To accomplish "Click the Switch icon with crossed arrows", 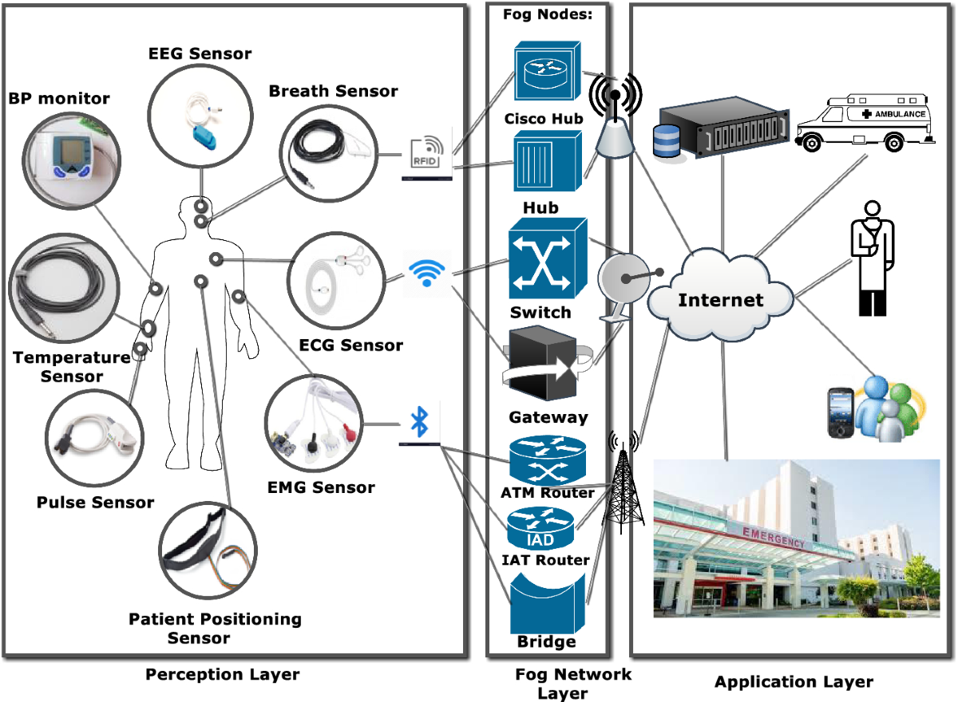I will click(x=547, y=258).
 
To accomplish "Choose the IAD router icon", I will click(x=540, y=526).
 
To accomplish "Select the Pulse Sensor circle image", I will click(x=95, y=438).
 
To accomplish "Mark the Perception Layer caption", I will click(x=223, y=675).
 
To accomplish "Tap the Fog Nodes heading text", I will click(x=547, y=15).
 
